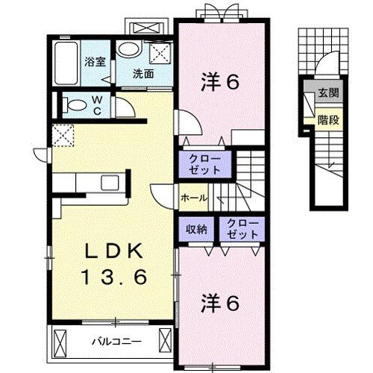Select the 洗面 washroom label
coord(143,74)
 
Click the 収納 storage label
coord(198,228)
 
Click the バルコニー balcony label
coord(113,341)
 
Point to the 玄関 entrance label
coord(327,93)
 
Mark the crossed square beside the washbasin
coord(160,51)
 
